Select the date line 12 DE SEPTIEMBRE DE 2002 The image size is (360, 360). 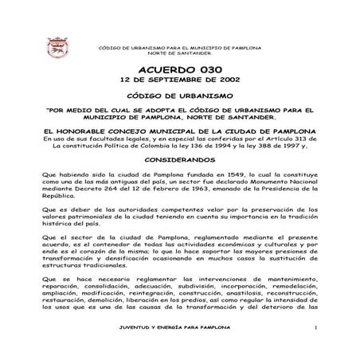(178, 80)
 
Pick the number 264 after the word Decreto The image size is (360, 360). (107, 187)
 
